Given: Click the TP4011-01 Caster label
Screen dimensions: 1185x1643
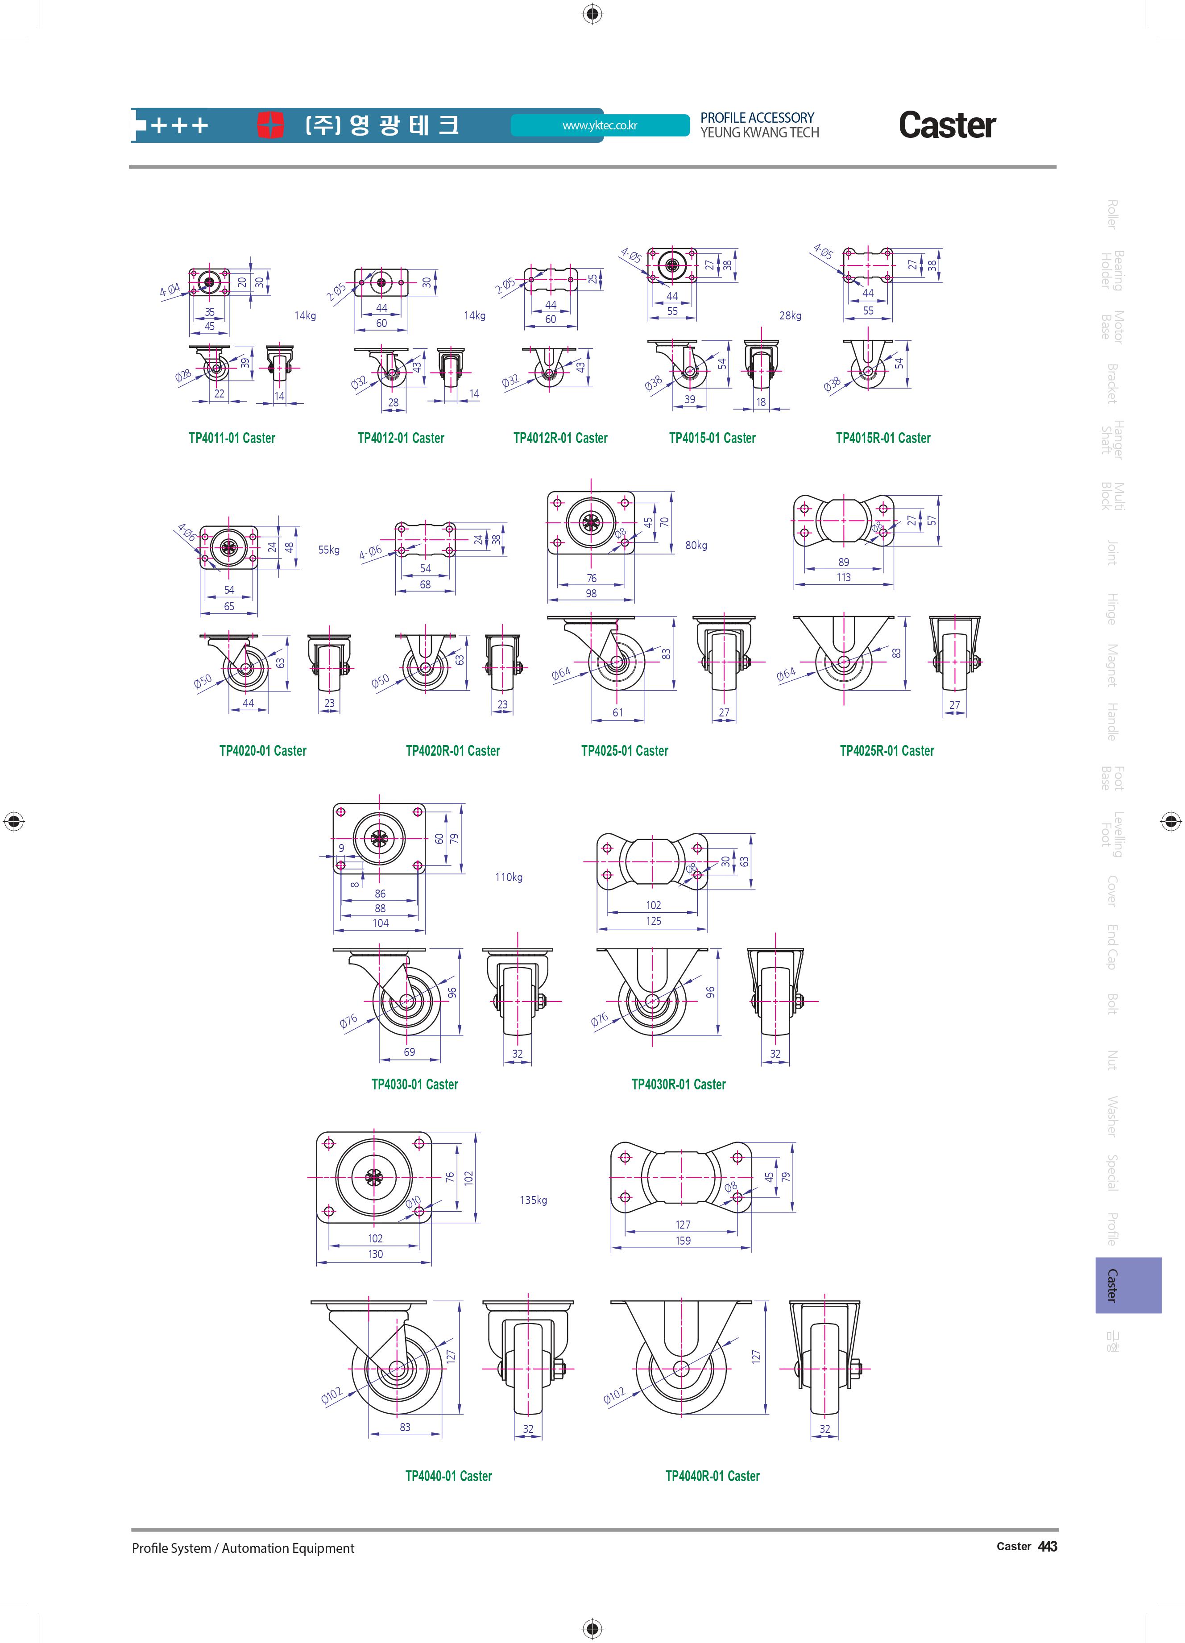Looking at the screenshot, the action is click(x=232, y=438).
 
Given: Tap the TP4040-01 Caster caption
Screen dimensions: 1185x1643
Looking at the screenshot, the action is click(x=448, y=1476).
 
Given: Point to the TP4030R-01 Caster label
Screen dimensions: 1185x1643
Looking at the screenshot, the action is click(x=679, y=1084).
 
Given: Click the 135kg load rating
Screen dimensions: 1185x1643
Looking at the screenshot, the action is click(x=533, y=1200).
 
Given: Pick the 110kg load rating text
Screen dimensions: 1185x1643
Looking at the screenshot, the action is click(x=509, y=877).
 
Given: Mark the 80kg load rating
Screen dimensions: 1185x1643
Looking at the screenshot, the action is click(x=696, y=546).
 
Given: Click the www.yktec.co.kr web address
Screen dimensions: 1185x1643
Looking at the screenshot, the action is click(x=600, y=125).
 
